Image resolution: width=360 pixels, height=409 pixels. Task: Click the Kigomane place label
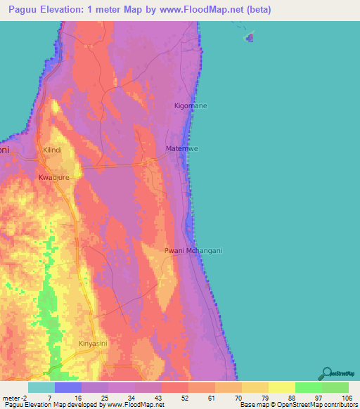point(191,105)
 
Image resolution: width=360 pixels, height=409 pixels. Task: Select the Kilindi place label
point(53,150)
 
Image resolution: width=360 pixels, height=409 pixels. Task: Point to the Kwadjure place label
point(54,177)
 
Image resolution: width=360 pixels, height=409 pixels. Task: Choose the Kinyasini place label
point(92,343)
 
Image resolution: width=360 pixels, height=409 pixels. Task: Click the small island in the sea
point(249,38)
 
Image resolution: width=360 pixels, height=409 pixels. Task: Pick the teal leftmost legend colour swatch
point(41,387)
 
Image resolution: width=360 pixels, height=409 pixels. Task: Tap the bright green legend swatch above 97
point(308,387)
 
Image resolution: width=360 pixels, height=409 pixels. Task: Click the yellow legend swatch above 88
point(281,387)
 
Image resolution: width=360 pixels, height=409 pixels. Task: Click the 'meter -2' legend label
point(14,398)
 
